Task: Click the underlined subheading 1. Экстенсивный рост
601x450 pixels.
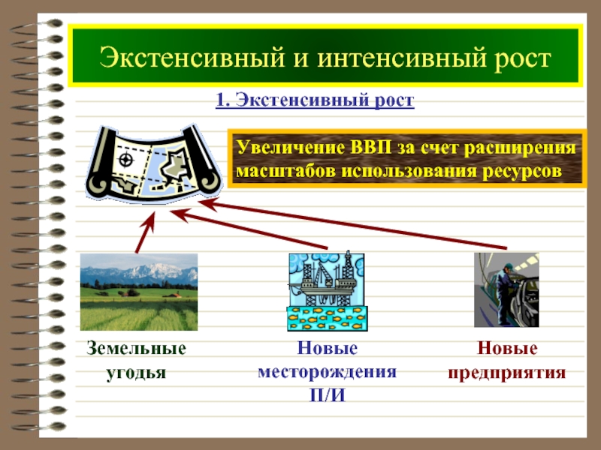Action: point(315,100)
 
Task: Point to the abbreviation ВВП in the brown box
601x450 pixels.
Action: point(370,147)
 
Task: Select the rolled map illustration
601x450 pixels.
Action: point(154,163)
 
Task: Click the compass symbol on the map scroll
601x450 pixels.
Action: point(125,160)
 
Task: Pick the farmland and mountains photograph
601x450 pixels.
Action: point(139,292)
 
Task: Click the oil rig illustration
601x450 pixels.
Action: point(328,291)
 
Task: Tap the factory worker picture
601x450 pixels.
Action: point(506,289)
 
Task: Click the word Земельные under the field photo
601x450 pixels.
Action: point(137,348)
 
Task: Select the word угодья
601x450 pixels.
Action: point(136,373)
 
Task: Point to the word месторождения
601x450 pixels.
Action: point(328,372)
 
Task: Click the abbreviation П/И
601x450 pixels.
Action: point(328,395)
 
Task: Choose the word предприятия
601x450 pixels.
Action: point(506,372)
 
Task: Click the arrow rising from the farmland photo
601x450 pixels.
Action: point(146,232)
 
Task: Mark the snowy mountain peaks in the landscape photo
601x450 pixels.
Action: point(153,271)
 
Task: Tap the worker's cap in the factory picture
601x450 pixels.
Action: point(509,265)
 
